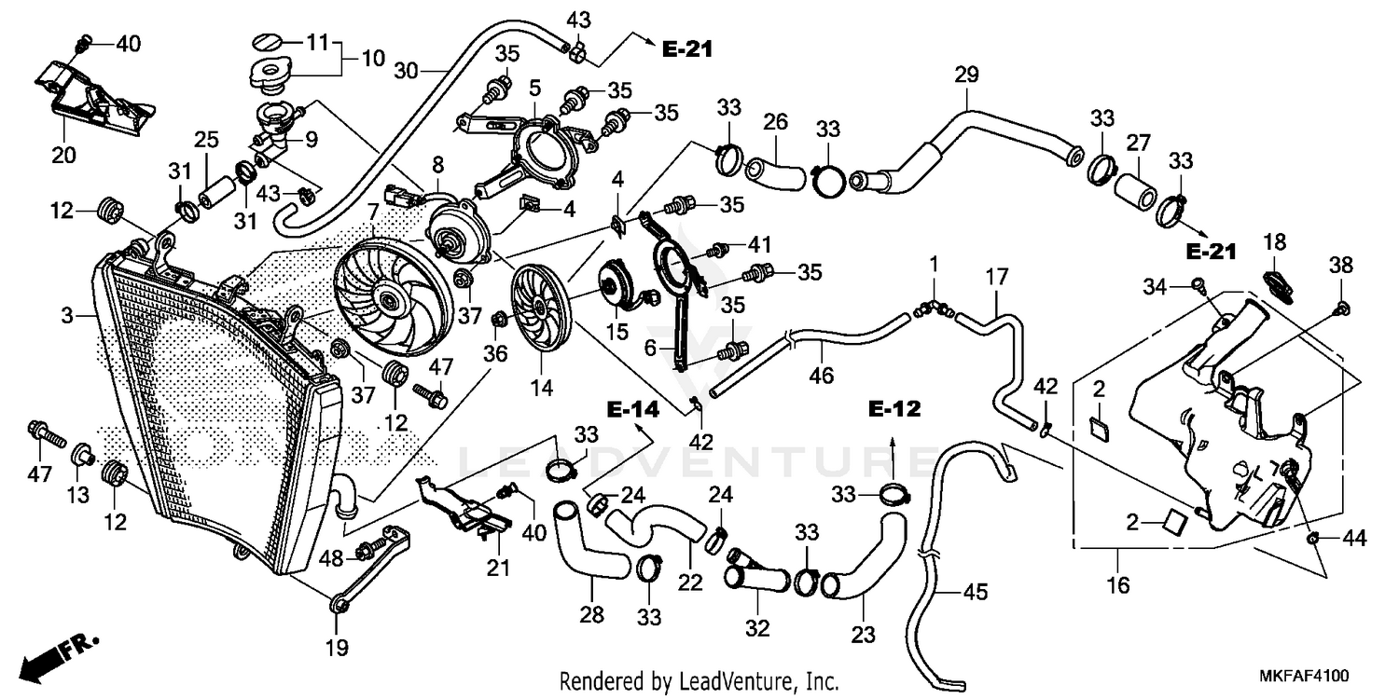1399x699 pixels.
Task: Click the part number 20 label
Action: [x=63, y=155]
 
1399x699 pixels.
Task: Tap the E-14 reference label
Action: [x=632, y=408]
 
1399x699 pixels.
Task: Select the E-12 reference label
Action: [x=894, y=408]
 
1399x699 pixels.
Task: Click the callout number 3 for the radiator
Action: [x=67, y=317]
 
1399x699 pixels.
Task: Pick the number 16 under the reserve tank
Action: [x=1118, y=585]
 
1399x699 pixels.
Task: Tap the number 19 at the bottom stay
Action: [x=336, y=646]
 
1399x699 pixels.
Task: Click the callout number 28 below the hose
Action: [x=592, y=614]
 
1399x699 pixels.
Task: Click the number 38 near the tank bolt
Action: [x=1340, y=265]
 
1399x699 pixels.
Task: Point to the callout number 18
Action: [x=1275, y=242]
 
